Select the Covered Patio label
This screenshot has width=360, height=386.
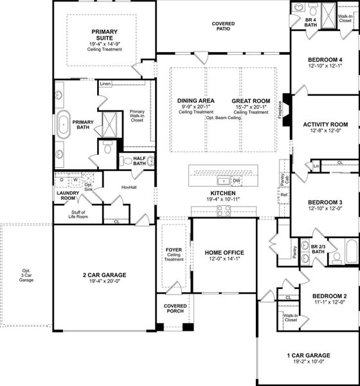[223, 26]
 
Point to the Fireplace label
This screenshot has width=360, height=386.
[280, 109]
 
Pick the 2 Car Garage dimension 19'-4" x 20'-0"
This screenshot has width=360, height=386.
[104, 281]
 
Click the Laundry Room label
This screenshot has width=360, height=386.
[67, 196]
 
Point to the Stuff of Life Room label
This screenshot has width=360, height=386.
[78, 214]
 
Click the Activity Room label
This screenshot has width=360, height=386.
[325, 124]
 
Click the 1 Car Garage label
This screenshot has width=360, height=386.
[309, 355]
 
